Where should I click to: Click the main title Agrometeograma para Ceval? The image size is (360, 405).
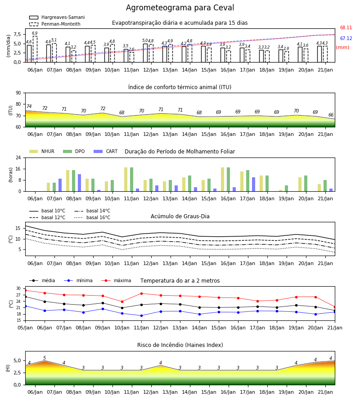tap(180, 8)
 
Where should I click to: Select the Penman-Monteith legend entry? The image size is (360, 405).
tap(55, 24)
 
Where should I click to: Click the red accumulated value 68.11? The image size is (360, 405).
tap(346, 27)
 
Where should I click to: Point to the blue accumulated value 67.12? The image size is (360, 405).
tap(346, 39)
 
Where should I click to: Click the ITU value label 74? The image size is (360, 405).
tap(29, 106)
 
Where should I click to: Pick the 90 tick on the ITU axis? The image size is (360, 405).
tap(18, 93)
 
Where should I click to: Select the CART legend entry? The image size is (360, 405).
tap(106, 151)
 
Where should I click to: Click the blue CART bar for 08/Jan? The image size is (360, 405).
tap(80, 183)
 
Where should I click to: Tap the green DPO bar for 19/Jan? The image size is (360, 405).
tap(286, 189)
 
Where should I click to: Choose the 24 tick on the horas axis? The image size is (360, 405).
tap(18, 157)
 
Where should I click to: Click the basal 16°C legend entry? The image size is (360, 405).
tap(92, 217)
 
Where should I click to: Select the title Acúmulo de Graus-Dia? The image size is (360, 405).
tap(180, 216)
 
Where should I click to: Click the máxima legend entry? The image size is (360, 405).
tap(116, 280)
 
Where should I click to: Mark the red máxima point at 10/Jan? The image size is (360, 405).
tap(122, 301)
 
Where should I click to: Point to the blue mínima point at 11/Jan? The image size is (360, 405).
tap(141, 315)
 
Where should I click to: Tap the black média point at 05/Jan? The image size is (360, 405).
tap(26, 297)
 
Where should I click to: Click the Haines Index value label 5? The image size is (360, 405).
tap(45, 358)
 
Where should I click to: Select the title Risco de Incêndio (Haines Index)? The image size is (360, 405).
tap(180, 345)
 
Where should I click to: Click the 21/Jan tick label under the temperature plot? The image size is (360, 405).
tap(335, 328)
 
